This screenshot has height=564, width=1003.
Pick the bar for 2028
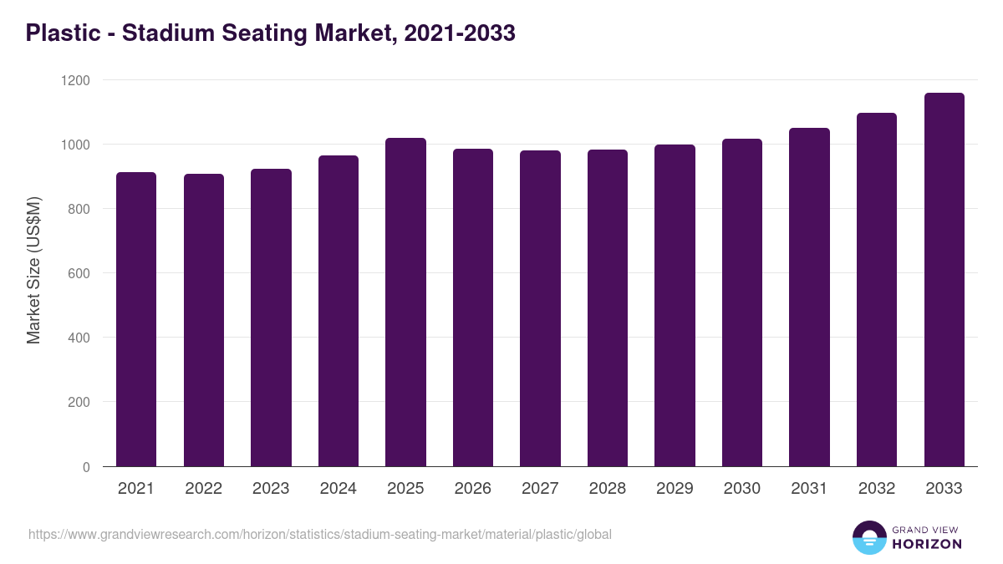point(608,308)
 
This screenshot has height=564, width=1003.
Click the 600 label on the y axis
point(79,273)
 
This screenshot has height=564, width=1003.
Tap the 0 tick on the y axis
point(86,467)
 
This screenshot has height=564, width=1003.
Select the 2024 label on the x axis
point(339,489)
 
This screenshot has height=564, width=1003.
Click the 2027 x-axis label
point(540,489)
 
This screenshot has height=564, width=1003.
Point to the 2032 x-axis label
point(877,489)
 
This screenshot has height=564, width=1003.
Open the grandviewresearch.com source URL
point(320,534)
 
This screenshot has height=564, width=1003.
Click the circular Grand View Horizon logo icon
point(869,537)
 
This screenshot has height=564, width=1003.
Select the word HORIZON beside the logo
point(927,544)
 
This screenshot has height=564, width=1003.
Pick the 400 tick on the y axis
point(79,338)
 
